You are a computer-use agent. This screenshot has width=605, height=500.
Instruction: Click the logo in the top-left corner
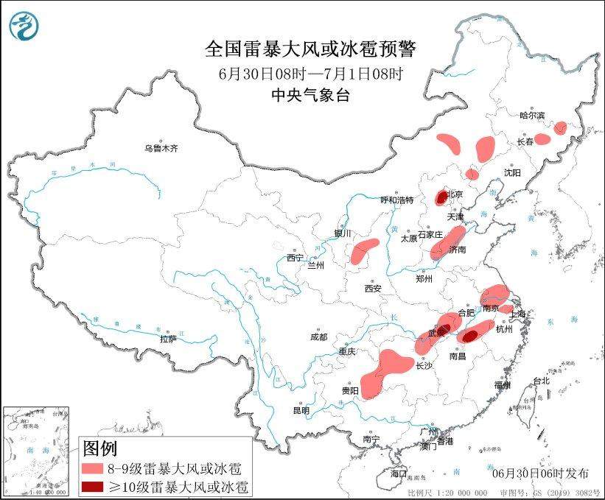(x=24, y=27)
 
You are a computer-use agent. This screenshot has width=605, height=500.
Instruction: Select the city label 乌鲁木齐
(x=161, y=148)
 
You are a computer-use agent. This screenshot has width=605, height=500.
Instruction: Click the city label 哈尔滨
(x=532, y=115)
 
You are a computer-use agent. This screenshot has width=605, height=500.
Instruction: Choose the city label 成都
(x=318, y=337)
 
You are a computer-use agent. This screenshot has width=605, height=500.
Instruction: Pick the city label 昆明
(x=302, y=409)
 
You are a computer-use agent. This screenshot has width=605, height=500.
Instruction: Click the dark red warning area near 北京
(x=441, y=197)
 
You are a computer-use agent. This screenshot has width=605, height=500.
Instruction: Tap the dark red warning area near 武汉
(x=444, y=331)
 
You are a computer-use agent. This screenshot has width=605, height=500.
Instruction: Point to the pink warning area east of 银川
(x=363, y=252)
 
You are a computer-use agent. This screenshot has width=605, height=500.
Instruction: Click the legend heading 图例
(x=99, y=448)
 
